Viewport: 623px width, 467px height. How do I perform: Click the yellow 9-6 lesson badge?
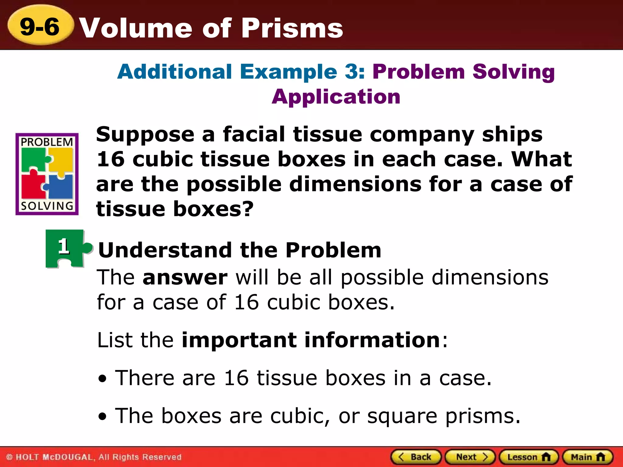click(x=40, y=27)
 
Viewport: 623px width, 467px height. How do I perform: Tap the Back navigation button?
click(x=416, y=457)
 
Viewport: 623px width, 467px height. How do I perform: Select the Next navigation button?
click(x=470, y=457)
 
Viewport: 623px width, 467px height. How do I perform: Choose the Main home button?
click(x=587, y=457)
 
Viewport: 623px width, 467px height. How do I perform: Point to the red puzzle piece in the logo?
click(x=32, y=186)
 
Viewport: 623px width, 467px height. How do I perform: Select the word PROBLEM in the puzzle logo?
click(x=47, y=142)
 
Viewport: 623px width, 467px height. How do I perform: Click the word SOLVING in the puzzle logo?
click(x=47, y=206)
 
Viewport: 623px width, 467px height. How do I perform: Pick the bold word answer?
click(x=185, y=278)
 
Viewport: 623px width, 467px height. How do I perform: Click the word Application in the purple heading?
click(x=336, y=97)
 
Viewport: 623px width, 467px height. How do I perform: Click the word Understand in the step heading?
click(x=165, y=250)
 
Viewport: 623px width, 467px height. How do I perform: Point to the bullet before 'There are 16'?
click(x=103, y=379)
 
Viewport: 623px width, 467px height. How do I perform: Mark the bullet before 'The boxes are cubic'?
click(x=103, y=417)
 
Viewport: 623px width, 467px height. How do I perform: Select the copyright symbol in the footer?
click(x=9, y=457)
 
